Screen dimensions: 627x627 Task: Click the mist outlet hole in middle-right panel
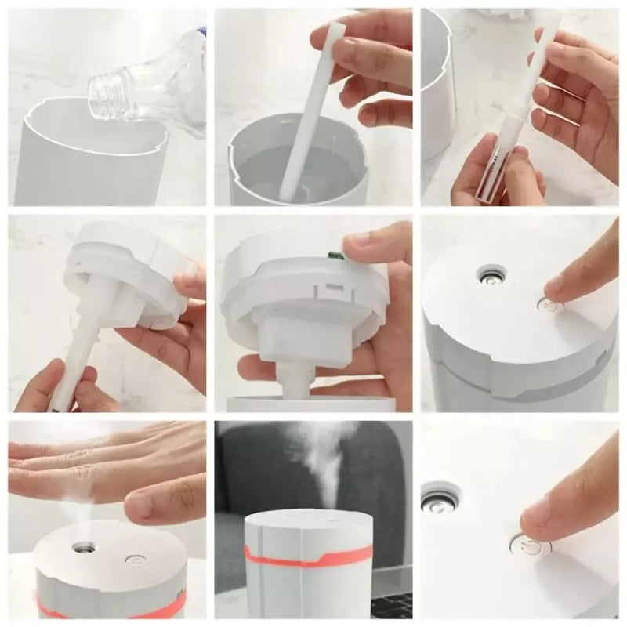491,275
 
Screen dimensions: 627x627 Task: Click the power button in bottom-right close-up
532,547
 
